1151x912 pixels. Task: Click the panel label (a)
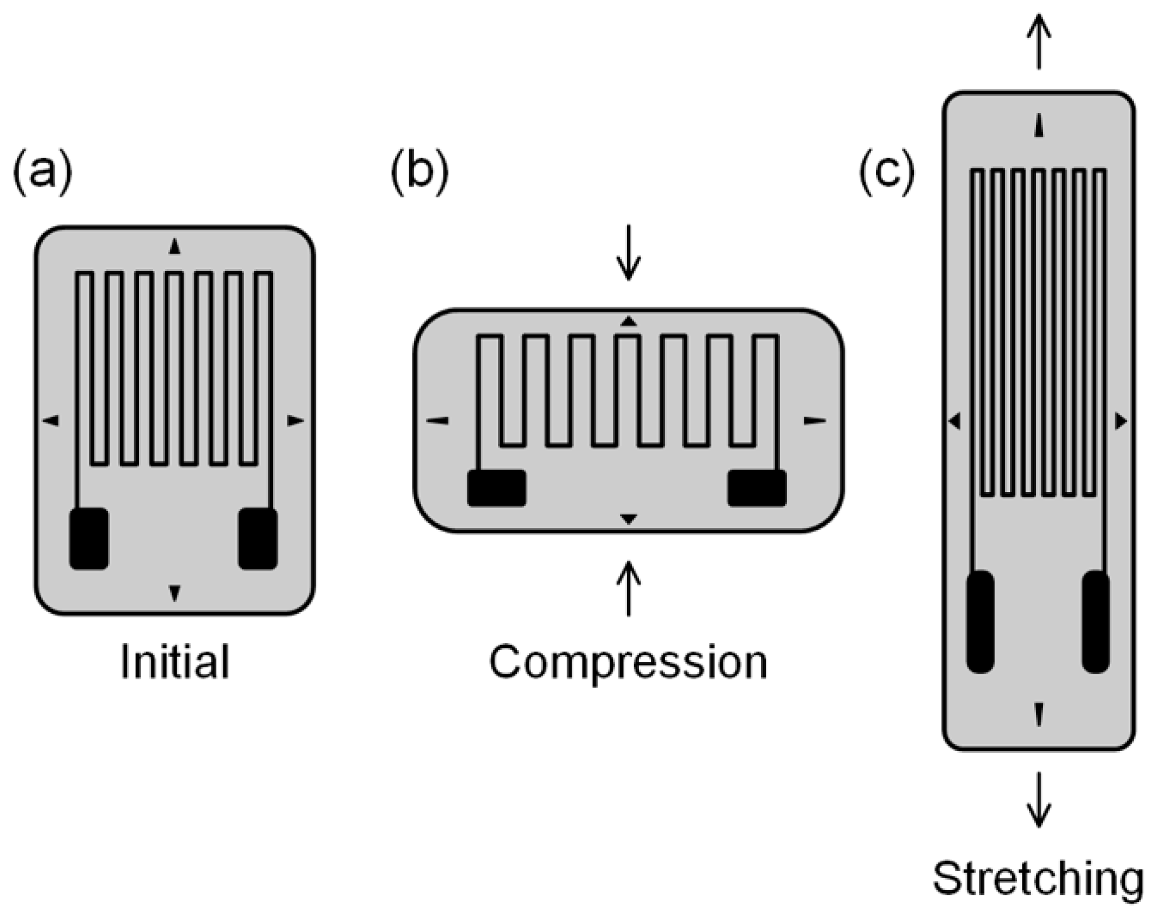pos(42,172)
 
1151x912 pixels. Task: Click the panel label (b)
pos(420,172)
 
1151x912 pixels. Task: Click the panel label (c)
pos(887,172)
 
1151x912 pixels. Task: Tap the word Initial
pos(175,662)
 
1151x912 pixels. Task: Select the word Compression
pos(628,663)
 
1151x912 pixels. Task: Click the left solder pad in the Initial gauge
pos(89,539)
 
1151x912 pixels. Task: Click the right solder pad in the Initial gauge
pos(258,539)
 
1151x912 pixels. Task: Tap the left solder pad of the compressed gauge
pos(497,488)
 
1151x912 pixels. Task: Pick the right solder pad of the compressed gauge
pos(757,488)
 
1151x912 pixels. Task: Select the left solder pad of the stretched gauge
pos(980,622)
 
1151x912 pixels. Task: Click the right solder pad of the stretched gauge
pos(1096,622)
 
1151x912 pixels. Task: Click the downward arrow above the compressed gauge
pos(628,258)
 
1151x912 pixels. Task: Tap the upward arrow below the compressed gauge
pos(628,588)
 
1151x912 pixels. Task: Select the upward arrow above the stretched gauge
pos(1039,43)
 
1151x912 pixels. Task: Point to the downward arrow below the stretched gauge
pos(1039,799)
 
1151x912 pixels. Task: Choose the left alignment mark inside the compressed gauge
pos(438,420)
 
